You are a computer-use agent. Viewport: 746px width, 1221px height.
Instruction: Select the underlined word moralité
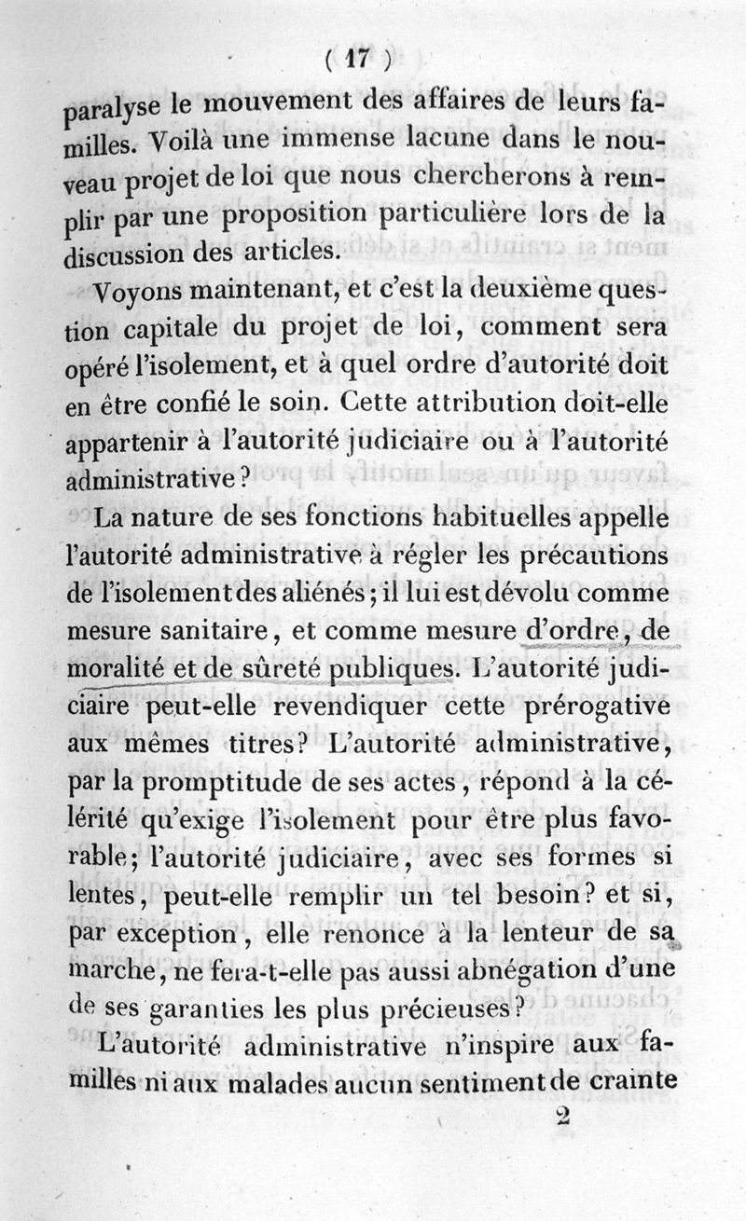point(115,669)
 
